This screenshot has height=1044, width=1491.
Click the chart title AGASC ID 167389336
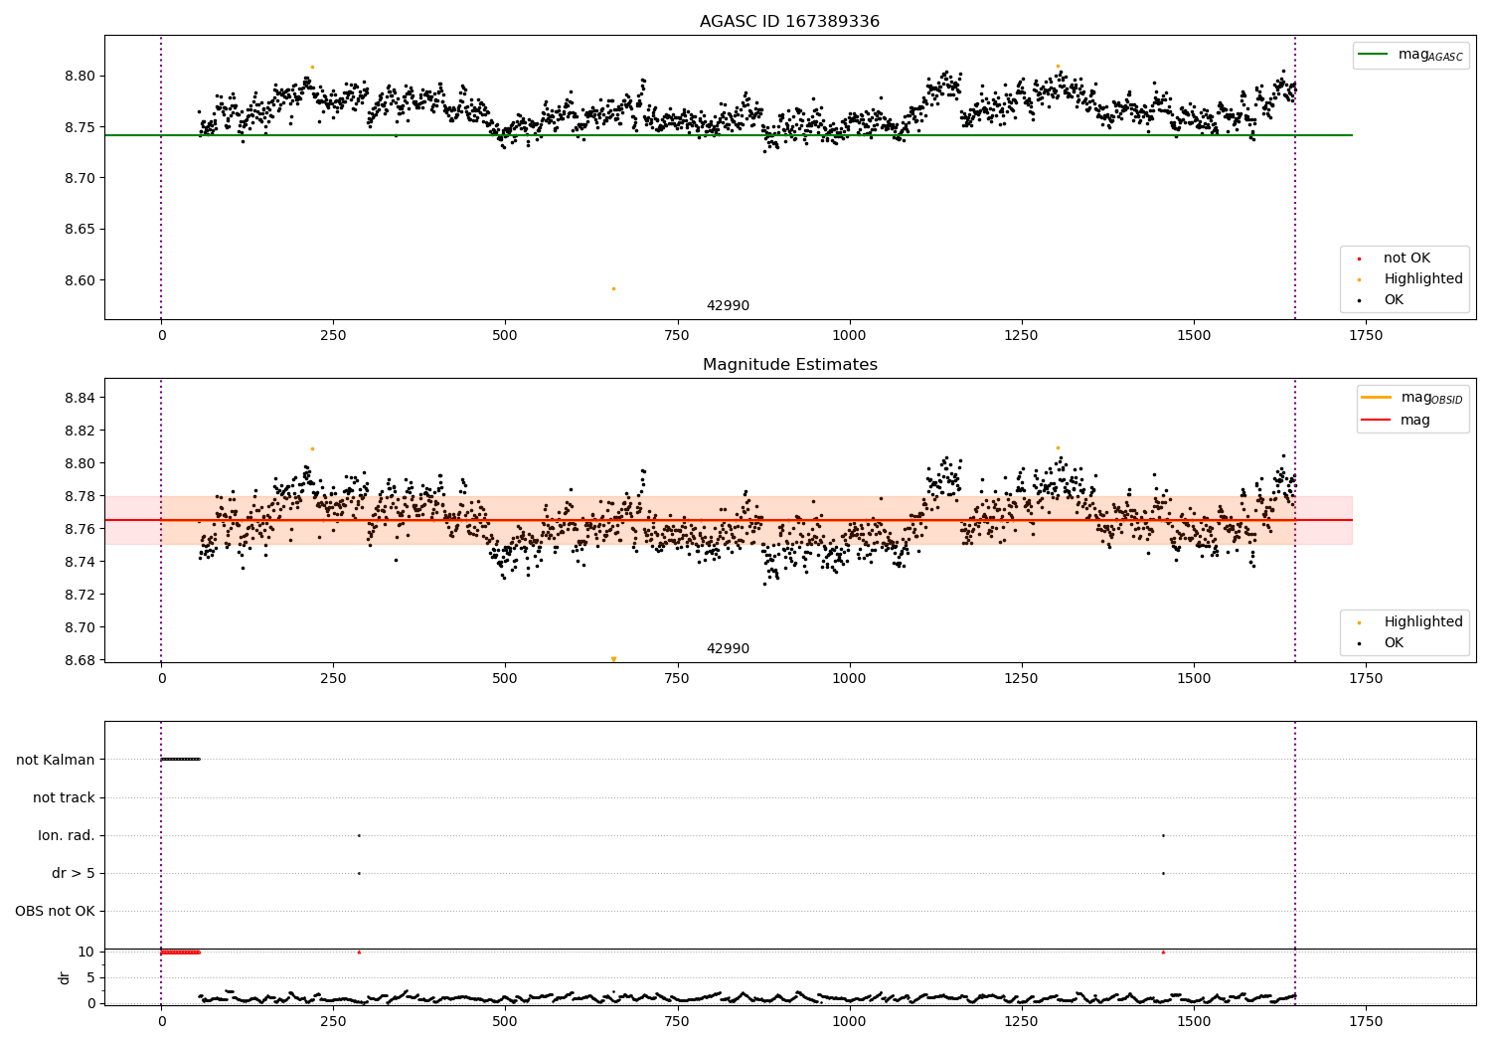point(789,22)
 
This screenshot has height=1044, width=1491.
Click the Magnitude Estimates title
point(789,365)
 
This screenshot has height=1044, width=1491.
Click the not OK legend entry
point(1407,259)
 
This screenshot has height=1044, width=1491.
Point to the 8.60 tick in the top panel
point(81,280)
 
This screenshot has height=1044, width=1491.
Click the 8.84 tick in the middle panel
point(81,398)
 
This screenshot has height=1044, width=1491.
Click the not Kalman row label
point(56,760)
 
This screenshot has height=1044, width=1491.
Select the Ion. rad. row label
point(67,835)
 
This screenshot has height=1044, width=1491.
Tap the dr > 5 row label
point(74,873)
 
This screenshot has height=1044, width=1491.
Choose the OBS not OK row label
point(55,911)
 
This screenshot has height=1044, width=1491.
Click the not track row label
point(64,797)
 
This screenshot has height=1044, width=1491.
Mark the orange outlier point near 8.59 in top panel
point(613,288)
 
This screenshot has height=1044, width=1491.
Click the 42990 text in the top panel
point(728,306)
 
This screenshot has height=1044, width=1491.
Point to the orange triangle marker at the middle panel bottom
point(613,659)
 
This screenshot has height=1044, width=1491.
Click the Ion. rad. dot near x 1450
point(1163,835)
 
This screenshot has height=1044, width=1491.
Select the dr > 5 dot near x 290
point(359,873)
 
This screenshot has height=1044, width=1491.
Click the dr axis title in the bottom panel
point(65,977)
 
